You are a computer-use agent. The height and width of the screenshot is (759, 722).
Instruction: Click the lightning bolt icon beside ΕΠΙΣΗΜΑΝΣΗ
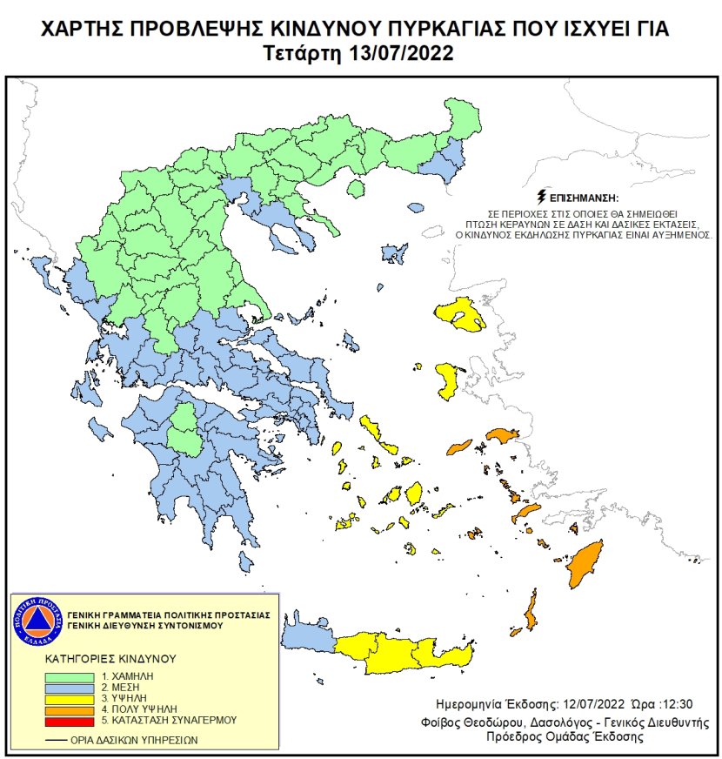click(544, 197)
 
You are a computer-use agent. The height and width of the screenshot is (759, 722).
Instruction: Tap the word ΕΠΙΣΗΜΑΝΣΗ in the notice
click(584, 198)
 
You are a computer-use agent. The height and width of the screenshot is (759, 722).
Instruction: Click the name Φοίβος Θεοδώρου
click(480, 722)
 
